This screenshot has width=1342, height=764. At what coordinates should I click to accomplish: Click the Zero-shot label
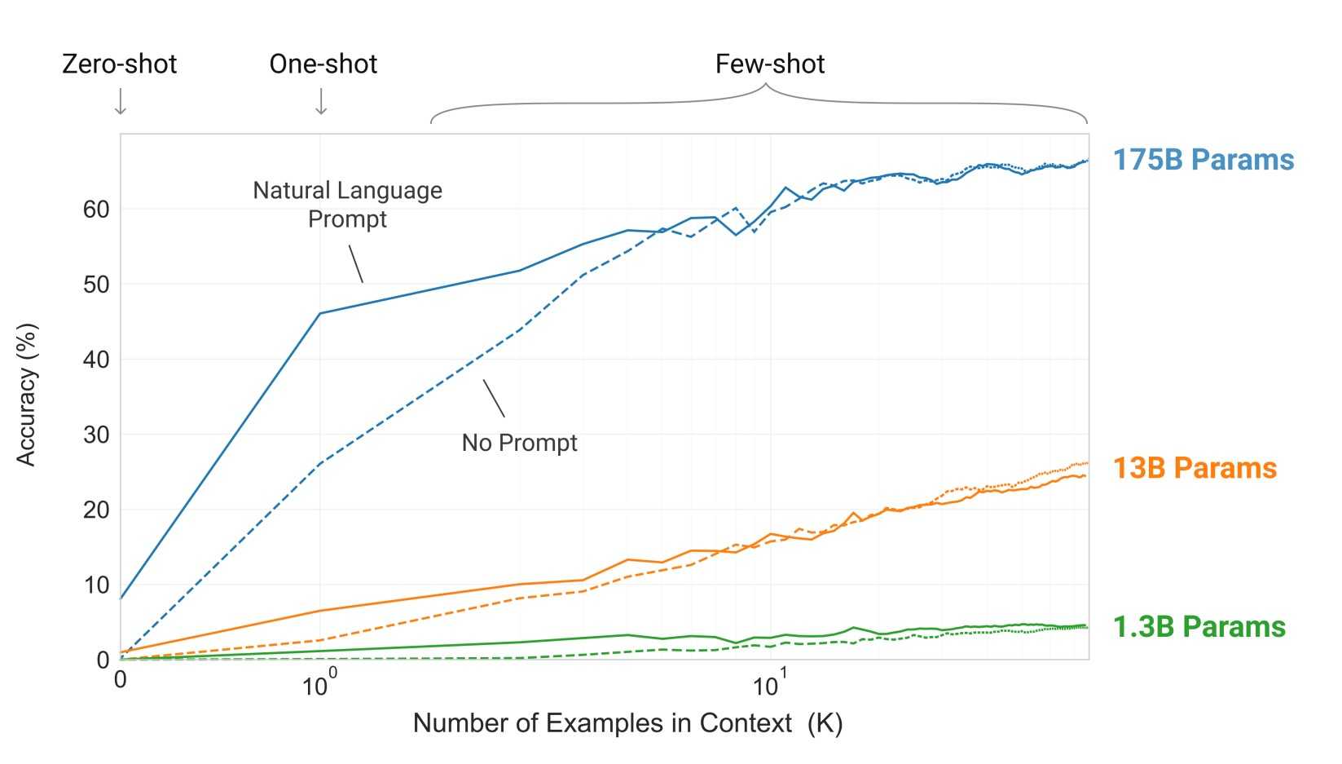tap(119, 64)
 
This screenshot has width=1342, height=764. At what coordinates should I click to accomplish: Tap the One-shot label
tap(323, 64)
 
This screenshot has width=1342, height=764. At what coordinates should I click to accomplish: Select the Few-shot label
tap(769, 64)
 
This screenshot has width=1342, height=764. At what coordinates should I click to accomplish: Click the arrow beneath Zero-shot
tap(121, 101)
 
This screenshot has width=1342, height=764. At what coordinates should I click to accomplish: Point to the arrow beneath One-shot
tap(321, 101)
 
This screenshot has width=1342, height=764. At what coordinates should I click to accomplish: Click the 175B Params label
tap(1203, 160)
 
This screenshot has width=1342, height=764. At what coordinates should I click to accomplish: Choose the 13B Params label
tap(1195, 468)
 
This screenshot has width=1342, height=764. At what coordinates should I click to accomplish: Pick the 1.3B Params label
tap(1199, 627)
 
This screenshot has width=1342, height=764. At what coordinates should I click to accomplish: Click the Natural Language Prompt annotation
tap(347, 205)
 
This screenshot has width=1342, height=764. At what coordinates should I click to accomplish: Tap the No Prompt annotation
tap(519, 443)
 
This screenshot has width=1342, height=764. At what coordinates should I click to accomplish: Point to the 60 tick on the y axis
tap(96, 210)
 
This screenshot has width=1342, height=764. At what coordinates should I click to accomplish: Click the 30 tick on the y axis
tap(96, 435)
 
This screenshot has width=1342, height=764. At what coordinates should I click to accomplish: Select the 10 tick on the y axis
tap(96, 585)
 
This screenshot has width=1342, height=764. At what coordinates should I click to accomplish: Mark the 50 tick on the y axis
tap(96, 285)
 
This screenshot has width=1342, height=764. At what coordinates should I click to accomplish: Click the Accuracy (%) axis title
tap(27, 395)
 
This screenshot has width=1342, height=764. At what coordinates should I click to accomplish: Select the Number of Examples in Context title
tap(627, 723)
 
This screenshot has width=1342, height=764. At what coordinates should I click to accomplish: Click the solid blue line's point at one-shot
tap(320, 313)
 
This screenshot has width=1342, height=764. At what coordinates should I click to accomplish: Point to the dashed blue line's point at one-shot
tap(320, 463)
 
